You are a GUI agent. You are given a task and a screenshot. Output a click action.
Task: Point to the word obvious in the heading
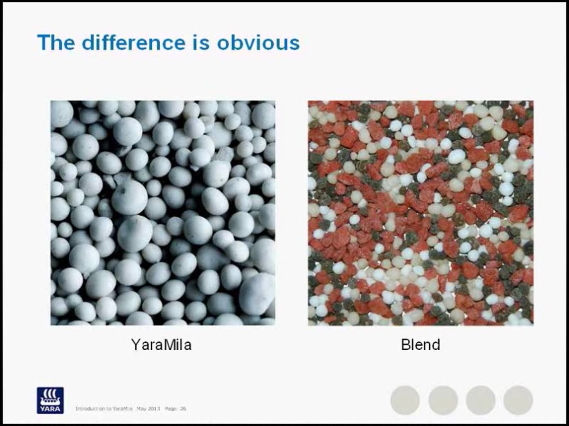[x=258, y=42]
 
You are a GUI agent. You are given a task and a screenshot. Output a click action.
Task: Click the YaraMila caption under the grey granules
[x=161, y=345]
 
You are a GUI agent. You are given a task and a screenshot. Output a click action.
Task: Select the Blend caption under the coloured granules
[x=420, y=345]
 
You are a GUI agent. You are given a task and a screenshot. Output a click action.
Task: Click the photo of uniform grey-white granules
[x=163, y=213]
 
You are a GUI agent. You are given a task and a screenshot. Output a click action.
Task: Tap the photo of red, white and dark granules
[x=421, y=213]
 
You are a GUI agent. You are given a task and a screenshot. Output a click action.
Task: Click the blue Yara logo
[x=50, y=400]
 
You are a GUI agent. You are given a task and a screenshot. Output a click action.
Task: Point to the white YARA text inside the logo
[x=50, y=408]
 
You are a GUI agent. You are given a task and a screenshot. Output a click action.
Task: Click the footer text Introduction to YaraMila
[x=104, y=408]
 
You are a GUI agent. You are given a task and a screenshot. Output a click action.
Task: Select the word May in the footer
[x=141, y=408]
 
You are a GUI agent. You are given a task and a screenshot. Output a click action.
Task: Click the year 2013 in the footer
[x=155, y=408]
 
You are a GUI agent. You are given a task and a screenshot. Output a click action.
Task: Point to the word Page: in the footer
[x=171, y=408]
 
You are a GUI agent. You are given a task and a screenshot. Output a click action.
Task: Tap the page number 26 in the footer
[x=183, y=408]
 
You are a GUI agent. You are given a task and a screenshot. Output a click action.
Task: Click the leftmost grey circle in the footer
[x=405, y=400]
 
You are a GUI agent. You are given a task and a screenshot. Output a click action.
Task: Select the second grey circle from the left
[x=443, y=400]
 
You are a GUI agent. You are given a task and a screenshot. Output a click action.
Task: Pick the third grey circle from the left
[x=480, y=400]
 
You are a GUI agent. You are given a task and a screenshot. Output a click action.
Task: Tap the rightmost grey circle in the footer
[x=518, y=400]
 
